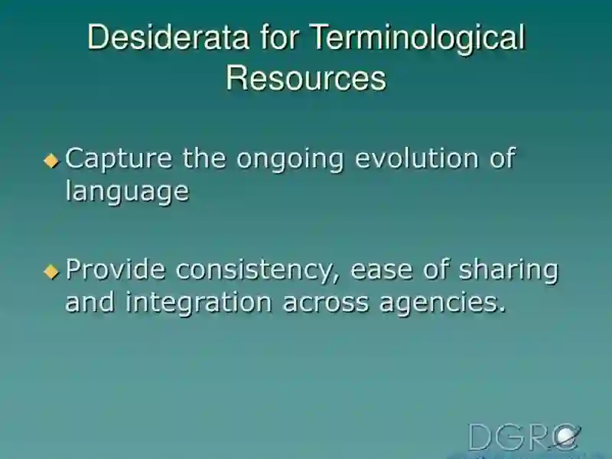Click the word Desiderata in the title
(x=168, y=37)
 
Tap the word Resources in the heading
(x=306, y=78)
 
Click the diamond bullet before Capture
(x=51, y=161)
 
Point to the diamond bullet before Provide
(x=51, y=272)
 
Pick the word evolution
(x=417, y=158)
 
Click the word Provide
(x=116, y=269)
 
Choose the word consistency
(x=258, y=272)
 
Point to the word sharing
(x=509, y=272)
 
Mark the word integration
(x=198, y=304)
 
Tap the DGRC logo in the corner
(x=524, y=437)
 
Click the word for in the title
(x=280, y=37)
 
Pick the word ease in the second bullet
(x=381, y=272)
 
